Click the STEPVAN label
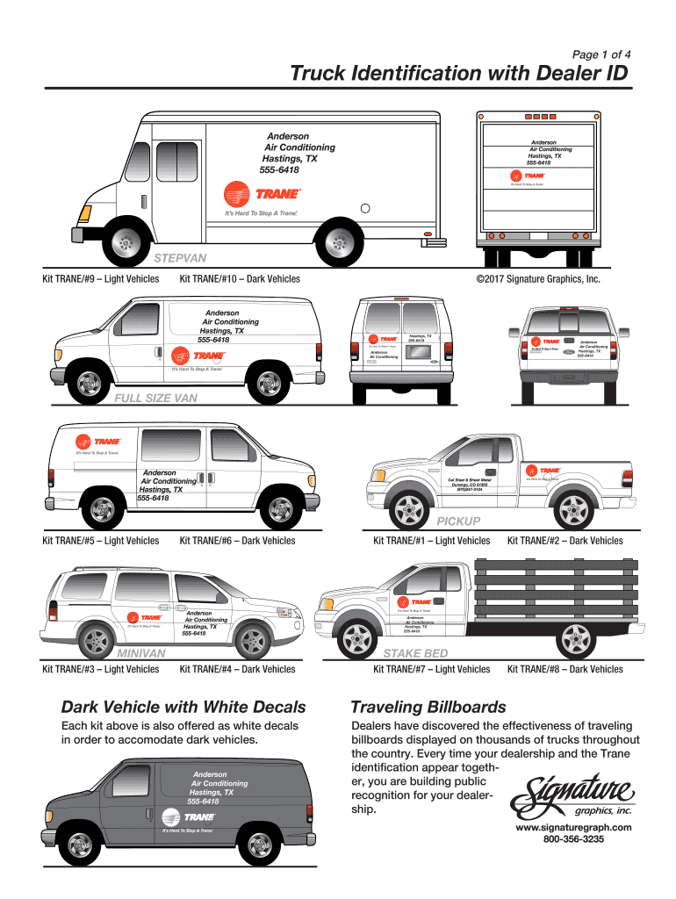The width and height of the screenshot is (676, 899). (x=181, y=259)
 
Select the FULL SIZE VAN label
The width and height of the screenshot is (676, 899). (x=156, y=399)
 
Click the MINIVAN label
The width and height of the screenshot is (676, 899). (x=141, y=653)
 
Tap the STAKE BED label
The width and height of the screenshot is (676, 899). (x=415, y=653)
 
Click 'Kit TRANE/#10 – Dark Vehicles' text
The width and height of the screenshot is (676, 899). (x=240, y=279)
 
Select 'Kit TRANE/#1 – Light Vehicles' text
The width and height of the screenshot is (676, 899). (x=431, y=541)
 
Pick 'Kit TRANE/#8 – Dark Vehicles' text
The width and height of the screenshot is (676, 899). (x=565, y=669)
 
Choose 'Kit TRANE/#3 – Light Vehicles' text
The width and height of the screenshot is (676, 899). (x=101, y=669)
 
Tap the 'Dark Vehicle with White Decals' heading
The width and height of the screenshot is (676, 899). (x=183, y=707)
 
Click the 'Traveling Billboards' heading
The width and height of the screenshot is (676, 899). (x=428, y=707)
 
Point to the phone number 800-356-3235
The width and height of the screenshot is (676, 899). (x=574, y=838)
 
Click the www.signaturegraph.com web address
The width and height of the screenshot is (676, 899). (x=574, y=827)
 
